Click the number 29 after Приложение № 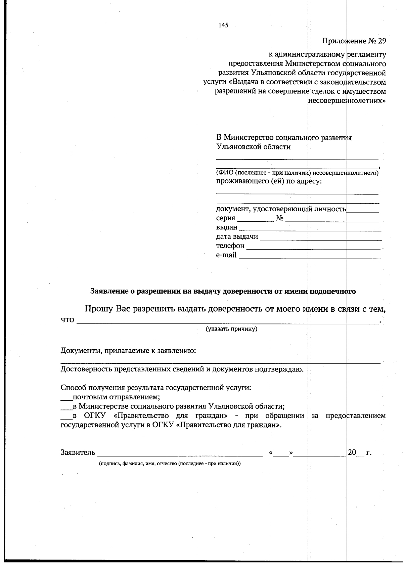tap(382, 41)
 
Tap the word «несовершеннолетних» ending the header tap(347, 100)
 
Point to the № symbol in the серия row tap(279, 218)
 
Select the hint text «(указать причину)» tap(231, 329)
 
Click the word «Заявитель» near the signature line tap(78, 452)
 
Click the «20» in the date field tap(352, 452)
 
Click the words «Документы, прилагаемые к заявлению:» tap(128, 351)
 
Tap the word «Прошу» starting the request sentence tap(98, 308)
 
